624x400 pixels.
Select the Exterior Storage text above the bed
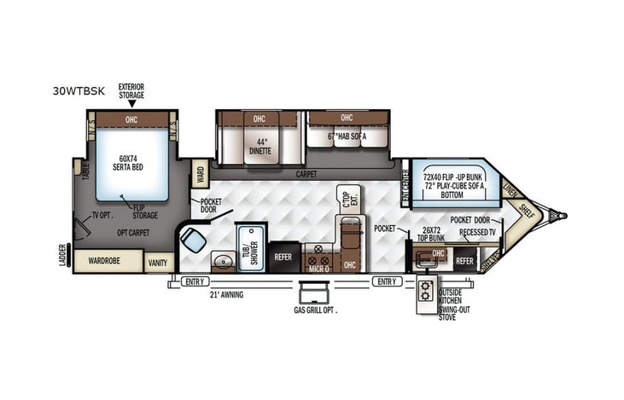click(131, 90)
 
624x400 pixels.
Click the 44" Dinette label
click(259, 147)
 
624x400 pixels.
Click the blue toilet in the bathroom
click(194, 241)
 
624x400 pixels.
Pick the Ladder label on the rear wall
click(63, 253)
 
